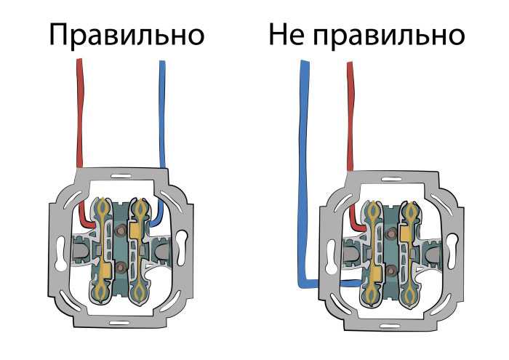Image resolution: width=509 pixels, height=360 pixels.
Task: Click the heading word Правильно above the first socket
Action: (x=127, y=36)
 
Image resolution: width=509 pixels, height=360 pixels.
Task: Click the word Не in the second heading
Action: (x=286, y=34)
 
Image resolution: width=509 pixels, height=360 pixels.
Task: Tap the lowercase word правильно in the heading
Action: (x=389, y=36)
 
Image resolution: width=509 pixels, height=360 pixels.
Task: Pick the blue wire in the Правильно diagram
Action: (x=162, y=130)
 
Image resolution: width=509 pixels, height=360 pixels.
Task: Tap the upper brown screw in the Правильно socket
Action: (x=121, y=231)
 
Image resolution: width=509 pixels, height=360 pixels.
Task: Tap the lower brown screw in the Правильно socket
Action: (x=121, y=268)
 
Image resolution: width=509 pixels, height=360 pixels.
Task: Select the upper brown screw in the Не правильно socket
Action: (x=392, y=233)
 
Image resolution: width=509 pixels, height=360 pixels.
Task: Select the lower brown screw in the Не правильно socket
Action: (x=392, y=269)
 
